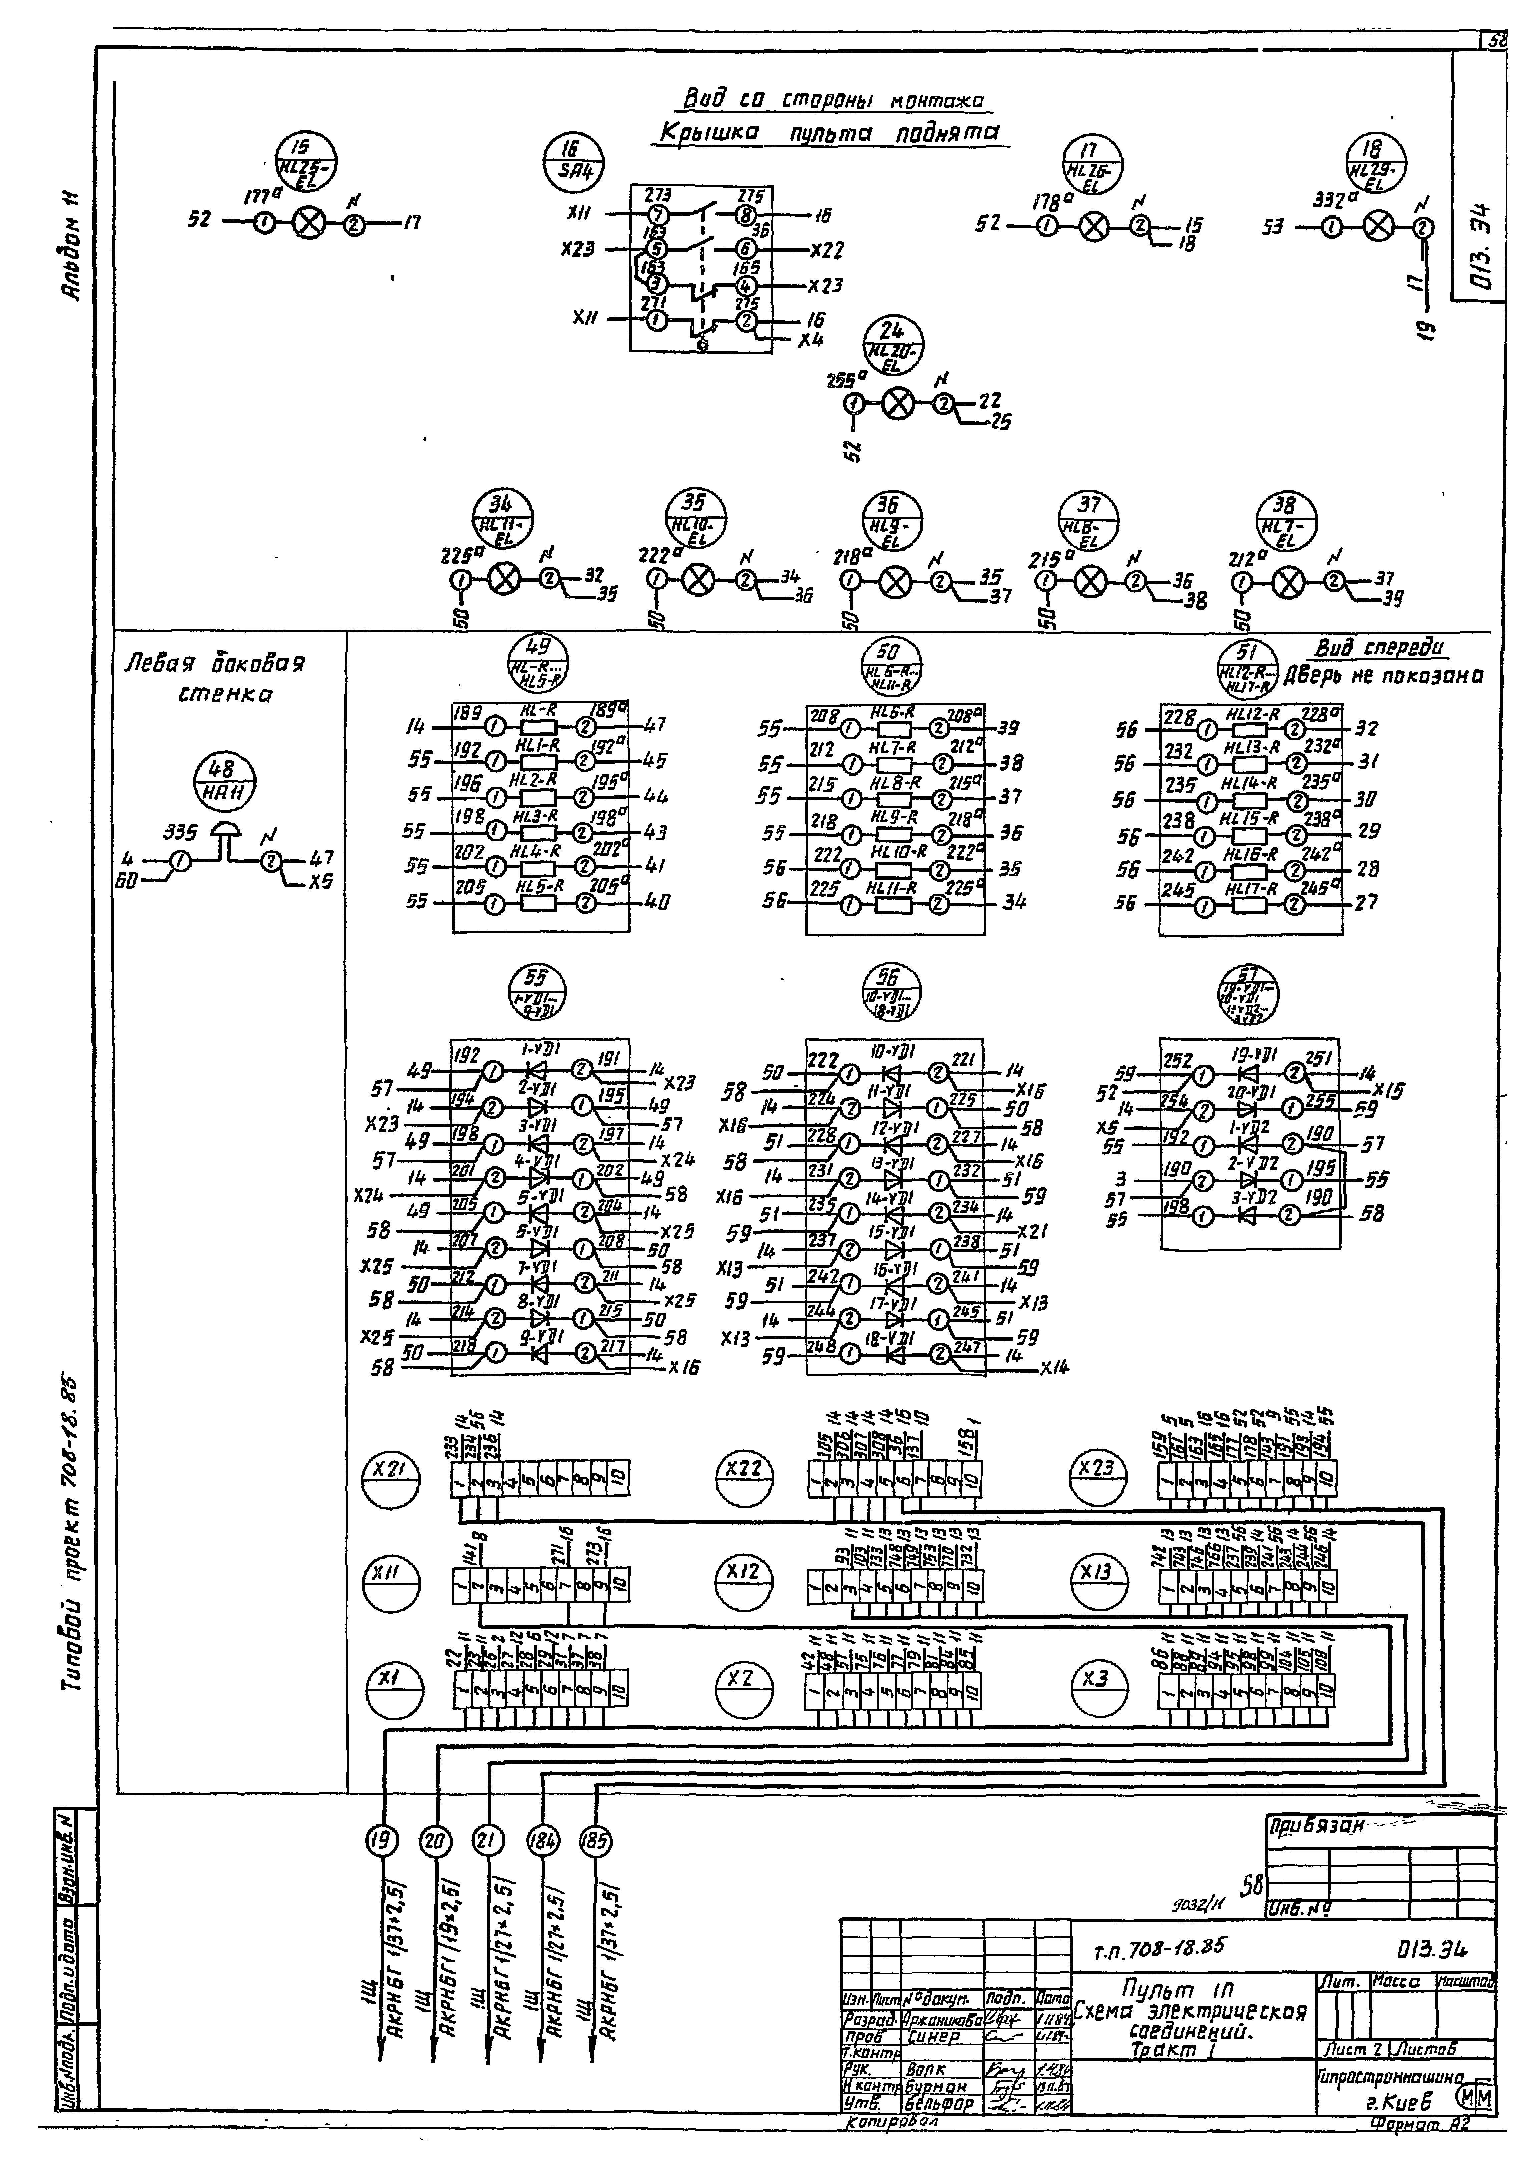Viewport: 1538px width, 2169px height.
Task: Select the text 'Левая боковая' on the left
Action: point(216,663)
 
